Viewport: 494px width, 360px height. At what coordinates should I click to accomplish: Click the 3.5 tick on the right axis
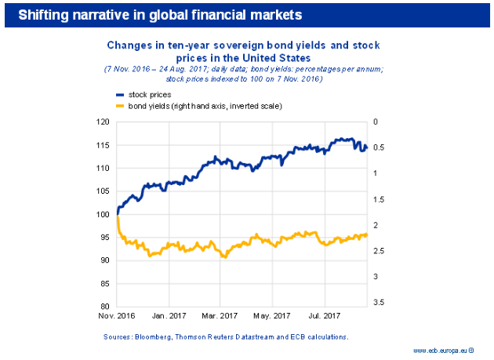point(379,302)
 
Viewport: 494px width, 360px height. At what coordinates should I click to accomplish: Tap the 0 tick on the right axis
point(376,122)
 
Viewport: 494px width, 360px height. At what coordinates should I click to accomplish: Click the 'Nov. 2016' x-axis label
point(116,317)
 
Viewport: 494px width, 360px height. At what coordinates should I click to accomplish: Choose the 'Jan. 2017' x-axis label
point(168,317)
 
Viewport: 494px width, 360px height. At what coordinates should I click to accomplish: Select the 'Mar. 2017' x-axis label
point(220,317)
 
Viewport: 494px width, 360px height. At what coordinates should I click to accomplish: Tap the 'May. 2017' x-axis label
point(272,317)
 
